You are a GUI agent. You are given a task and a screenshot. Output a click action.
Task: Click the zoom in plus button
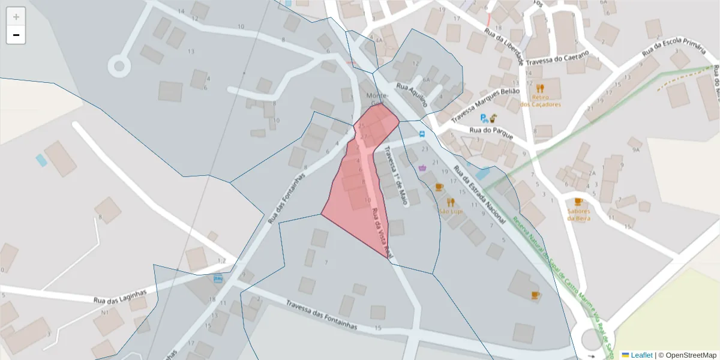16,17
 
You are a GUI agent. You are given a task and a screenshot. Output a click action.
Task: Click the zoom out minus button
16,35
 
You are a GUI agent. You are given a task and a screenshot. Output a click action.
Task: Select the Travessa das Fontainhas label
322,316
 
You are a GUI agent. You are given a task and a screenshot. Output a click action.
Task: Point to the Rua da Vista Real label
381,233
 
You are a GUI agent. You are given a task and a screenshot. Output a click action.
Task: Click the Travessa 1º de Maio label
397,176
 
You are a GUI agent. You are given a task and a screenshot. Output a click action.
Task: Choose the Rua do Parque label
491,133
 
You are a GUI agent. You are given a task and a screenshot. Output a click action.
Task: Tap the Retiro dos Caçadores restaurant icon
539,88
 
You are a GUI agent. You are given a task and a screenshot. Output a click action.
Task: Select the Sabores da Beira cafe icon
578,202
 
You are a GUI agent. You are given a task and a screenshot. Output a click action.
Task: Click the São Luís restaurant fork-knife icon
451,202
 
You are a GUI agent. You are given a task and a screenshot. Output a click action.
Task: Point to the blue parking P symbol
484,118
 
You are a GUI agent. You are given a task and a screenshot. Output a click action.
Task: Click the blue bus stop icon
422,133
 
